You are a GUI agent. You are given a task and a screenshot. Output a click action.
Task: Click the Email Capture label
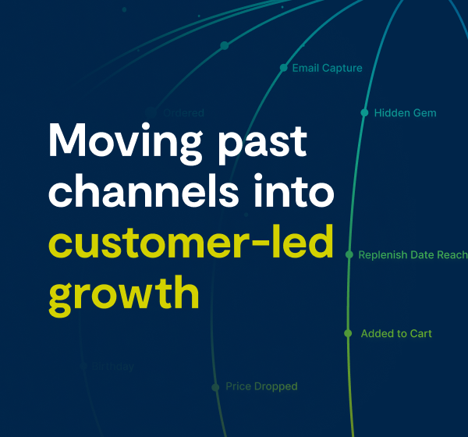[327, 68]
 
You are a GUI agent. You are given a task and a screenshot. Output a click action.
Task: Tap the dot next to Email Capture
[284, 68]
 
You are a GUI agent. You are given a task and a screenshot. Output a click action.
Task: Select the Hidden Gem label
[405, 113]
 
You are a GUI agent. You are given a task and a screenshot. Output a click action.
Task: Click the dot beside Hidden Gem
[364, 113]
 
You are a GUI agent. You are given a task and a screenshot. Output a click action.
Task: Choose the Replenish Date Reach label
[413, 255]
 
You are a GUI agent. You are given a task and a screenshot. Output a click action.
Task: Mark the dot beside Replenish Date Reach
[349, 255]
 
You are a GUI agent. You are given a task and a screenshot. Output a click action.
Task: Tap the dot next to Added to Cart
[348, 334]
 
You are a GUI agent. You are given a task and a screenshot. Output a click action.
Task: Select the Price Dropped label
[261, 386]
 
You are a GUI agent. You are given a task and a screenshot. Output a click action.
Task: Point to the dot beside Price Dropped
[215, 387]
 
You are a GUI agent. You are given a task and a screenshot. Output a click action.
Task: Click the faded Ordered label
[183, 113]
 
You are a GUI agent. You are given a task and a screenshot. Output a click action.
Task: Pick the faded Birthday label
[113, 366]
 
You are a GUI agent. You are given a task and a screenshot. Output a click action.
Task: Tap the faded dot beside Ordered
[151, 112]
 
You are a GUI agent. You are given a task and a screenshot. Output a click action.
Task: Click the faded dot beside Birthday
[83, 366]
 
